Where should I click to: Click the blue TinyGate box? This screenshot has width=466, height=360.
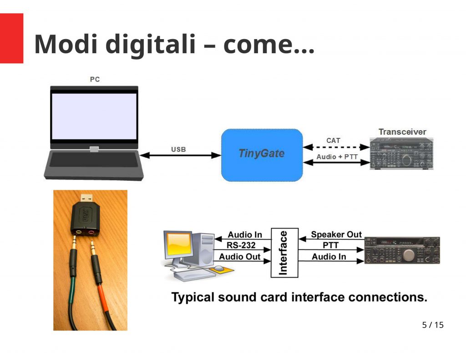pos(262,155)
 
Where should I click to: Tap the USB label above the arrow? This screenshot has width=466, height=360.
pos(178,149)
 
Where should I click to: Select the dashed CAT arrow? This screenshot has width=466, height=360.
pos(336,147)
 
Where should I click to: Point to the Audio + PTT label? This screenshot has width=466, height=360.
pos(337,157)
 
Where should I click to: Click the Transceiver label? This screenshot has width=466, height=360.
pos(402,132)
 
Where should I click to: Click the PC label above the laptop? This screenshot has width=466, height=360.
pos(95,79)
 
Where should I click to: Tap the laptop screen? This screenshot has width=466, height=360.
pos(94,116)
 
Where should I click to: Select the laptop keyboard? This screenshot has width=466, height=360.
pos(94,160)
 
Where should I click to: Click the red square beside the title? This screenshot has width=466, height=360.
pos(11,38)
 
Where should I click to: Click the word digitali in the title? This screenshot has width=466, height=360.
pos(150,44)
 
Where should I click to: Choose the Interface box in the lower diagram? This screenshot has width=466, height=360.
pos(284,253)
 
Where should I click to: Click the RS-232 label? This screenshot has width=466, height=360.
pos(241,245)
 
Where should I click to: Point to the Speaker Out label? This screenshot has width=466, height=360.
pos(336,234)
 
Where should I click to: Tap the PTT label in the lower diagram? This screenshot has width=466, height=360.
pos(330,245)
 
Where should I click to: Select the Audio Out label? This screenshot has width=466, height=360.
pos(239,257)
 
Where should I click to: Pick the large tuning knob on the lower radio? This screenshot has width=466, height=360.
pos(409,255)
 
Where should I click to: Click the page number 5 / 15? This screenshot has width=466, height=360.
pos(433,325)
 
